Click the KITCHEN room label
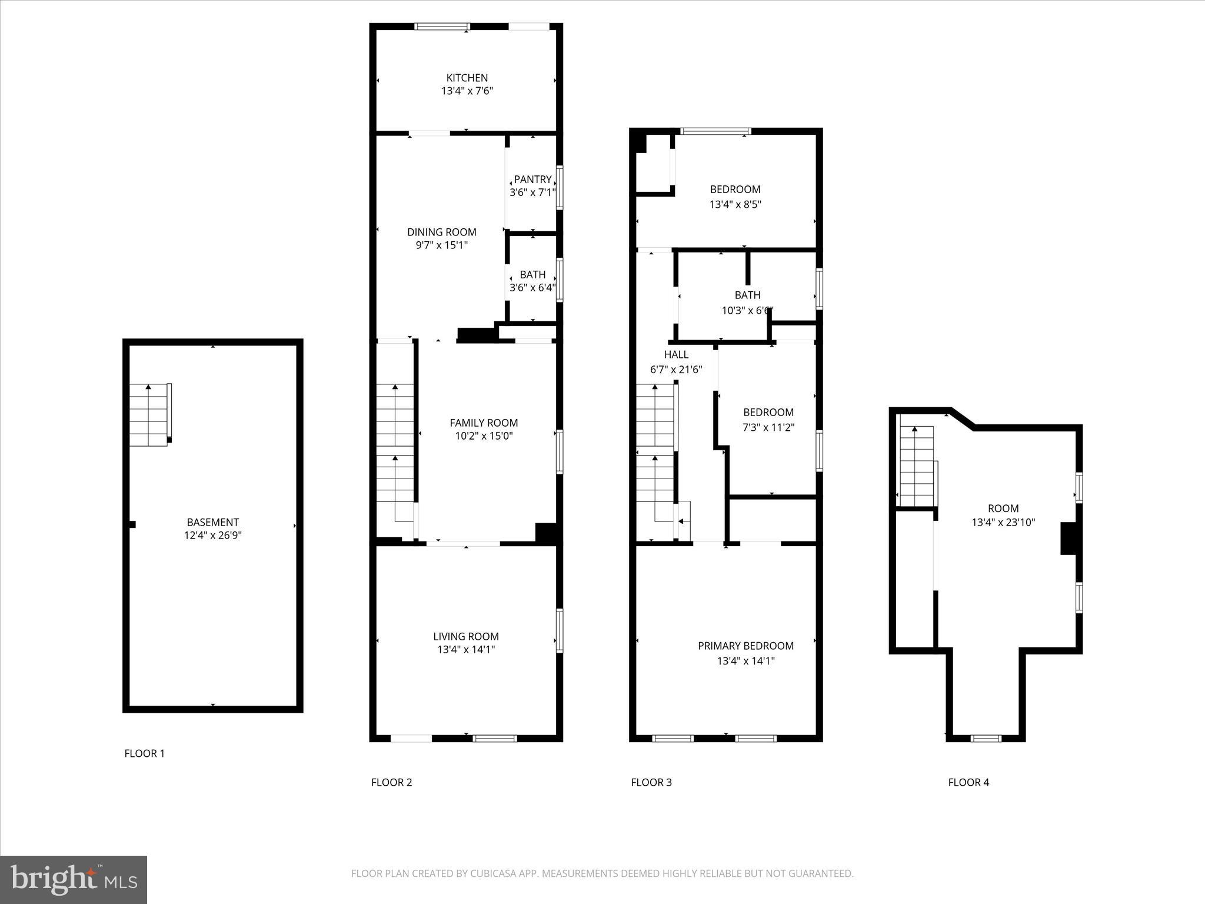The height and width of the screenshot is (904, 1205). [x=467, y=78]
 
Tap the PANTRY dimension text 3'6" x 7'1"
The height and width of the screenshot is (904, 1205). [x=532, y=192]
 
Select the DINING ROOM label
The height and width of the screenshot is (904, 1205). [x=441, y=232]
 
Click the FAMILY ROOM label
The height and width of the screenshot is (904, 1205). [x=484, y=423]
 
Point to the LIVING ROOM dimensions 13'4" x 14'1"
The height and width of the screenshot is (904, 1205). [x=466, y=649]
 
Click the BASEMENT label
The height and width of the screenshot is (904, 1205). [x=212, y=522]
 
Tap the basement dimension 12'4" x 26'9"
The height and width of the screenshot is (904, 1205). [x=212, y=535]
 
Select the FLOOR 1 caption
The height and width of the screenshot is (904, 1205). [x=145, y=753]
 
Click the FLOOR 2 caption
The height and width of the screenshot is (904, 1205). [x=391, y=782]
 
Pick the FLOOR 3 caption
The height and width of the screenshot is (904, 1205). [x=651, y=782]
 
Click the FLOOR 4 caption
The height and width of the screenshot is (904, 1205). [x=968, y=782]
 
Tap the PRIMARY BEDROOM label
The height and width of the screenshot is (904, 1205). [x=745, y=646]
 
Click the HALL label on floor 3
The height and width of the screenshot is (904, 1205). [x=676, y=354]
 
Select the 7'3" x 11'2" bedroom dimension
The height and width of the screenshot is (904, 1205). [x=768, y=427]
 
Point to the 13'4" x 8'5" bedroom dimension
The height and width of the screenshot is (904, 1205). [x=735, y=204]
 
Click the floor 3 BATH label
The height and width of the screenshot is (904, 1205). [x=747, y=295]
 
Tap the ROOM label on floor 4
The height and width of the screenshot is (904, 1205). [x=1003, y=508]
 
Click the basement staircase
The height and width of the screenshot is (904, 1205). [x=150, y=415]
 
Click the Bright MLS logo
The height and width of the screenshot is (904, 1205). [x=74, y=879]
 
